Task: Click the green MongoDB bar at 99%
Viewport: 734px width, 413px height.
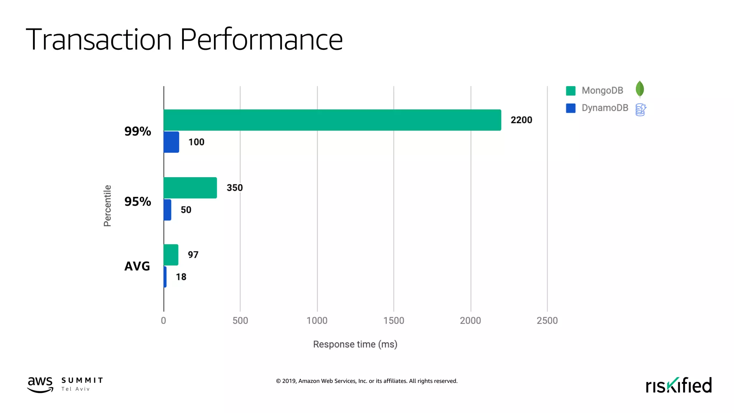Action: pos(332,120)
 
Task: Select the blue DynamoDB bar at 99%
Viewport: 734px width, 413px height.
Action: pos(171,142)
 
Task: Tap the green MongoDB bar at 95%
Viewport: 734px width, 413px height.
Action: pos(190,188)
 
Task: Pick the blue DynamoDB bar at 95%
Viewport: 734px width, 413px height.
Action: pos(167,210)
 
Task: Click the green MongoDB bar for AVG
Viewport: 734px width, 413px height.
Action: pos(171,255)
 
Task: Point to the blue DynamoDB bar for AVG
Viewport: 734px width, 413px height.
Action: pos(165,277)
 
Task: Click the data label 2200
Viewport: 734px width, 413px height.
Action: pos(521,120)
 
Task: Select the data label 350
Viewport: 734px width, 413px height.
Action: pos(234,188)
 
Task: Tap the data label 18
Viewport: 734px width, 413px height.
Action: pos(181,277)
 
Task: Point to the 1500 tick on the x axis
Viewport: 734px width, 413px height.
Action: pos(394,321)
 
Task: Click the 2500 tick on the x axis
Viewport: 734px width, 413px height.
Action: pos(547,321)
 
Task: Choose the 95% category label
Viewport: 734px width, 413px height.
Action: pos(138,201)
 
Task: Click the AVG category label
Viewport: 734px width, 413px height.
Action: pos(137,266)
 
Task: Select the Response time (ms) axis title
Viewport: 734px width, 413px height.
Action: pos(355,345)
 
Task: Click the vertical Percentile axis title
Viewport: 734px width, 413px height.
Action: pos(107,206)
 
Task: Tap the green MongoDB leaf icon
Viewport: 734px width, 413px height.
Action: pos(639,89)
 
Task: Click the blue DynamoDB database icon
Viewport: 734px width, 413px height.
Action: pos(640,110)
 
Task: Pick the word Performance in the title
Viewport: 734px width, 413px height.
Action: pos(261,39)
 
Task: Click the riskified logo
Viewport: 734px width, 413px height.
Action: pos(678,385)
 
